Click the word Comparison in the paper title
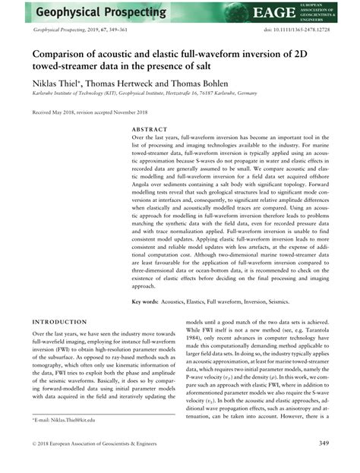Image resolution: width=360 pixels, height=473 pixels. [67, 55]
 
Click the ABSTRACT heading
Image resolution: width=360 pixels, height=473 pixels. [149, 130]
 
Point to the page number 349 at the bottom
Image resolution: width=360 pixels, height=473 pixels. [323, 443]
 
